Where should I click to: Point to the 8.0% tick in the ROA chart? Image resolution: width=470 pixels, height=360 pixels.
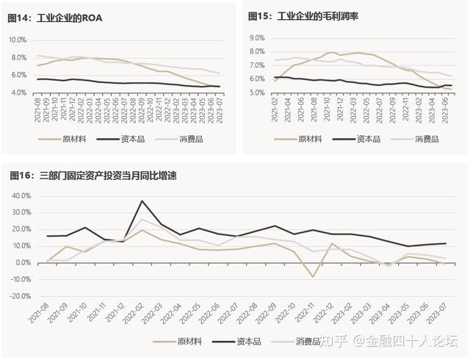click(x=18, y=39)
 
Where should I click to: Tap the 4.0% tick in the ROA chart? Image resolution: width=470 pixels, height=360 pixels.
click(x=18, y=93)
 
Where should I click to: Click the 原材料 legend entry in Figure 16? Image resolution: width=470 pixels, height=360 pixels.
click(x=188, y=341)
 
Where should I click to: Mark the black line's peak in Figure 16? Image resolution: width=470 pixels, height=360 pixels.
click(x=143, y=201)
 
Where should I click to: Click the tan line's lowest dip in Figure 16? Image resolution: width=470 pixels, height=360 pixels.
click(x=314, y=277)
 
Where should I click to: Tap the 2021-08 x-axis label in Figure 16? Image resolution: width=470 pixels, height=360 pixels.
click(x=39, y=317)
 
